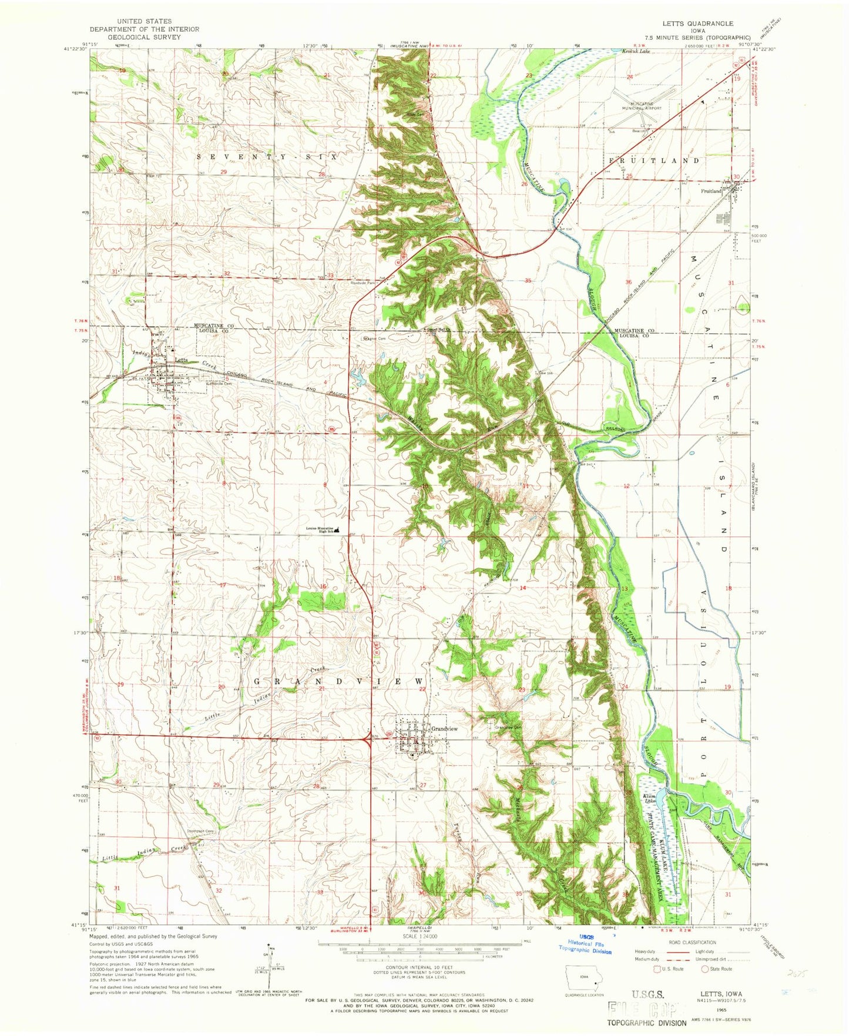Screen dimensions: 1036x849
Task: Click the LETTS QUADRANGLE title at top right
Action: tap(697, 24)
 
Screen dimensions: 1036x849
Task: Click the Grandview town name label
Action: tap(444, 729)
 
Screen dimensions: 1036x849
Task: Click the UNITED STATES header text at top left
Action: tap(145, 21)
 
